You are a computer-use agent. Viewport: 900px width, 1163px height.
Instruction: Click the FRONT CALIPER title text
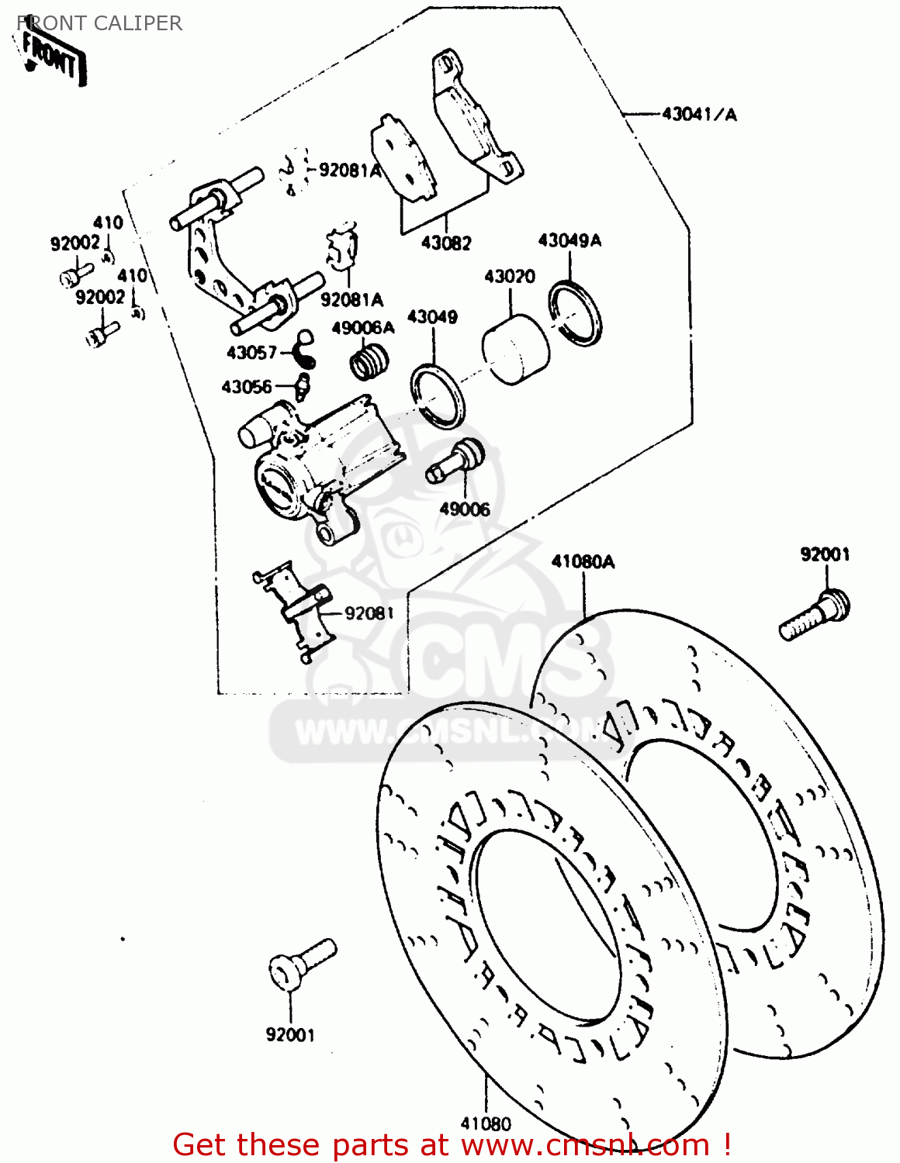[99, 23]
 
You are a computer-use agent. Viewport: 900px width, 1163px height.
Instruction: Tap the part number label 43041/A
[699, 115]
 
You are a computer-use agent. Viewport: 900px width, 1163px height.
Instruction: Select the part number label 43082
[446, 243]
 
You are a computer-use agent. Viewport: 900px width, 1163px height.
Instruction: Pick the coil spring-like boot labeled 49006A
[369, 361]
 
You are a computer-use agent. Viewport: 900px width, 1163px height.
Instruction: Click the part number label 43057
[251, 353]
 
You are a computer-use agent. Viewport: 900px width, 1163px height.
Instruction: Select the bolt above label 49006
[455, 461]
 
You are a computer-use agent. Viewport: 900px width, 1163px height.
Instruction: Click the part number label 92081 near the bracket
[369, 613]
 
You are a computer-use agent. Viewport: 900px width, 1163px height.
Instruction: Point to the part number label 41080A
[583, 561]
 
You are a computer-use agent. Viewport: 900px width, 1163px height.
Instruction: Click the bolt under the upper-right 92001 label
[815, 616]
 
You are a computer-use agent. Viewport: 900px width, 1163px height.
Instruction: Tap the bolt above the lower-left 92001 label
[302, 962]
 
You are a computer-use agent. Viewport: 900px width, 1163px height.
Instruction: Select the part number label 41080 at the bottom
[486, 1123]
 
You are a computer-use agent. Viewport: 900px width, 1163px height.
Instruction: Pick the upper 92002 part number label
[75, 243]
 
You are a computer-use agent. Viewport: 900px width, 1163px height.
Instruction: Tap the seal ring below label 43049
[438, 395]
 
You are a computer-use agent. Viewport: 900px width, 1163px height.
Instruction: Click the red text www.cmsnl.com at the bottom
[585, 1145]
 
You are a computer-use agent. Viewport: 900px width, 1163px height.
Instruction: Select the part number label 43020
[510, 277]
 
